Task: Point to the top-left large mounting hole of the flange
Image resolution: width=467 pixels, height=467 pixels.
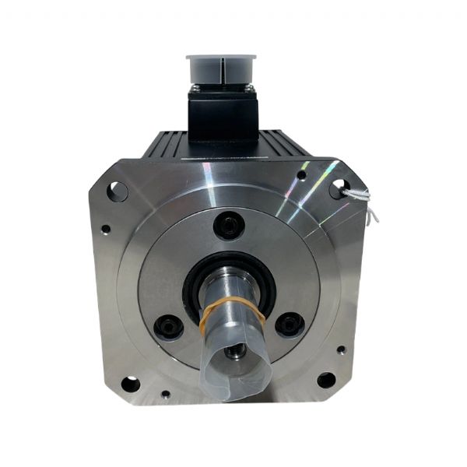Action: (118, 190)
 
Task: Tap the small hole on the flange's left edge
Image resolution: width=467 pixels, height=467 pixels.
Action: (106, 229)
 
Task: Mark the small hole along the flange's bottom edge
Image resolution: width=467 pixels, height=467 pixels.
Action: (165, 395)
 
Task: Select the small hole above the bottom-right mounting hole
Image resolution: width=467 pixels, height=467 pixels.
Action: (341, 349)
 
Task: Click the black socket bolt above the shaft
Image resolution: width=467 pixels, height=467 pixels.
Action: (227, 225)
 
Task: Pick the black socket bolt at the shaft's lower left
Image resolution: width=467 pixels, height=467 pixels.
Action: (168, 326)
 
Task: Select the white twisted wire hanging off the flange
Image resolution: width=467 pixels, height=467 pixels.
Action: (362, 198)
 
